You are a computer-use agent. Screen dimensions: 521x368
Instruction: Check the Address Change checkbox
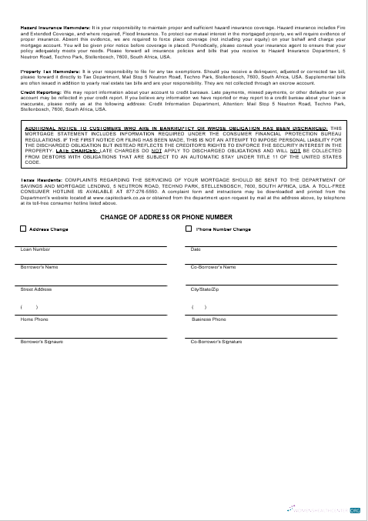(x=22, y=229)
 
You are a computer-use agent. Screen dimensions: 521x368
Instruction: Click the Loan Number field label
(x=35, y=249)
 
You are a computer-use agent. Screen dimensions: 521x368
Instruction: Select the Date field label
(x=196, y=249)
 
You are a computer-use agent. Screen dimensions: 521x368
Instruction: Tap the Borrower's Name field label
(x=39, y=266)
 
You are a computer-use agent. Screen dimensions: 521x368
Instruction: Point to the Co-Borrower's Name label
(x=213, y=266)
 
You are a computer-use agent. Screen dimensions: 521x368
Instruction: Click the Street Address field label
(x=36, y=289)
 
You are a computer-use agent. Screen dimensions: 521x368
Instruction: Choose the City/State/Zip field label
(x=205, y=289)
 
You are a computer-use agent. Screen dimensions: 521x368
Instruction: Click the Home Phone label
(x=34, y=319)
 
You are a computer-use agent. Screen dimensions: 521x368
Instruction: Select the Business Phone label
(x=209, y=319)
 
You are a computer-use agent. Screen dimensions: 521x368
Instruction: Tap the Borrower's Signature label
(x=42, y=341)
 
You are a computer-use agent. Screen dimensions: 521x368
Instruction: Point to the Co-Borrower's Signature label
(x=216, y=341)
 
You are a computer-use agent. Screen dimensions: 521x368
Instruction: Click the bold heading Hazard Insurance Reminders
(x=55, y=27)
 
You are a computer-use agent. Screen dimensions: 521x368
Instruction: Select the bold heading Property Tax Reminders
(x=50, y=71)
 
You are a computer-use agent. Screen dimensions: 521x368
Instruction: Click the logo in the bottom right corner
(x=355, y=509)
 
